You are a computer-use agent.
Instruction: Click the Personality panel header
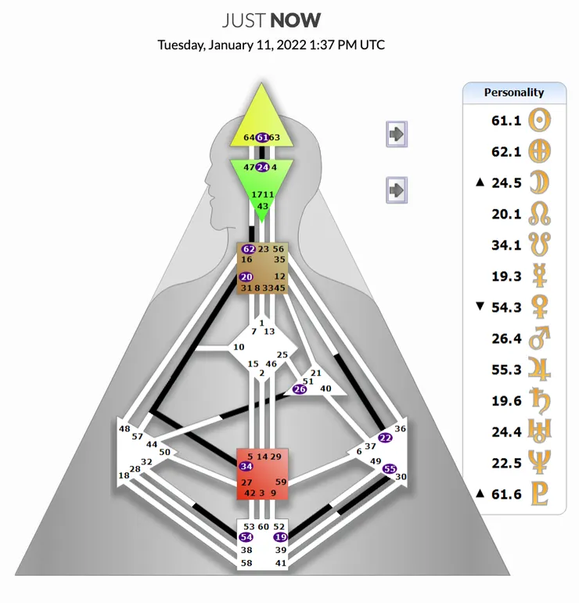click(x=514, y=92)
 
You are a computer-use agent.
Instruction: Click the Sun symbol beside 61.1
click(x=539, y=121)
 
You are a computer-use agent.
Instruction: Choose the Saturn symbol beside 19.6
click(x=539, y=401)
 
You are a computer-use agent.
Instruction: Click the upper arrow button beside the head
click(x=397, y=134)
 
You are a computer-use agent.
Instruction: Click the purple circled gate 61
click(x=263, y=137)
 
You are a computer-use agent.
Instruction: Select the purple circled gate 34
click(x=246, y=467)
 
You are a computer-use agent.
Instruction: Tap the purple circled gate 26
click(x=299, y=389)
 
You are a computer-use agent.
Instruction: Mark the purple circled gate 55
click(x=390, y=468)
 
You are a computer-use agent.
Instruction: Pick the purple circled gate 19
click(x=280, y=537)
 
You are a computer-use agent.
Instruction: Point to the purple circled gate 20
click(x=246, y=276)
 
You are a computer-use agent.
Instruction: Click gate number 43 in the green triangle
click(x=263, y=206)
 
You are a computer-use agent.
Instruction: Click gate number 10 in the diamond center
click(x=239, y=347)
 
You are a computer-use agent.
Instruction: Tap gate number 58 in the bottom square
click(x=246, y=563)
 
